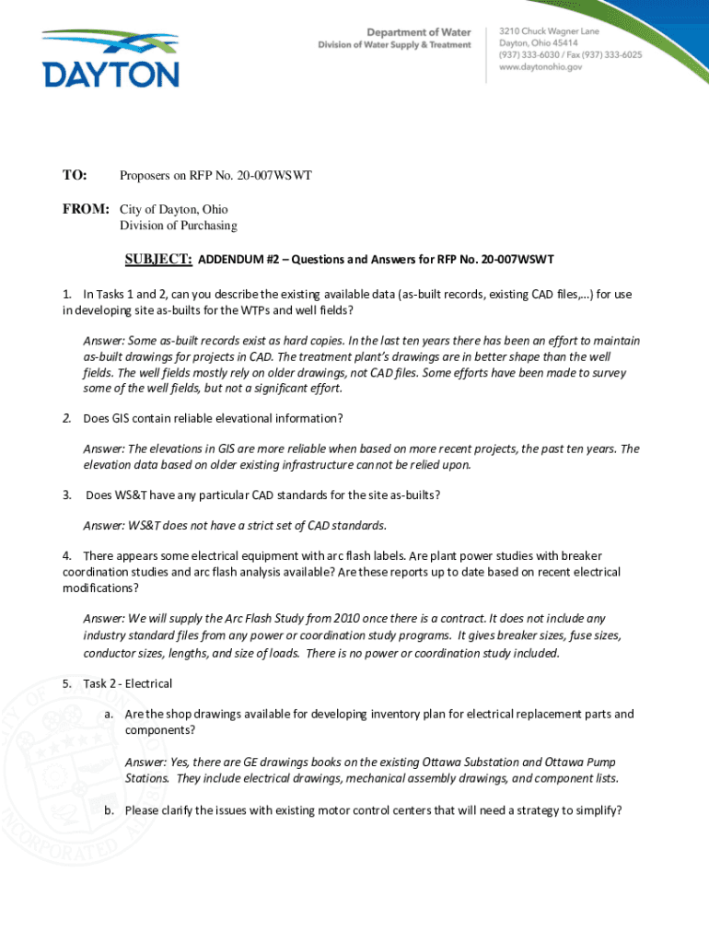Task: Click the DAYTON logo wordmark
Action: pyautogui.click(x=110, y=74)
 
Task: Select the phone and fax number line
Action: pyautogui.click(x=570, y=55)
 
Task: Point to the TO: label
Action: pyautogui.click(x=75, y=175)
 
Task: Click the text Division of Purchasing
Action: pyautogui.click(x=178, y=226)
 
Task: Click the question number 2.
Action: pyautogui.click(x=67, y=418)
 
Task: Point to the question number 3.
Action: pyautogui.click(x=67, y=495)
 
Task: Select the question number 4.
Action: pyautogui.click(x=67, y=555)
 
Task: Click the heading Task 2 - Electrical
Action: pyautogui.click(x=127, y=683)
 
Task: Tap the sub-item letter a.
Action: pyautogui.click(x=109, y=714)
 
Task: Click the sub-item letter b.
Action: pyautogui.click(x=109, y=810)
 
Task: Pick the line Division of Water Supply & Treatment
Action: pyautogui.click(x=395, y=44)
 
